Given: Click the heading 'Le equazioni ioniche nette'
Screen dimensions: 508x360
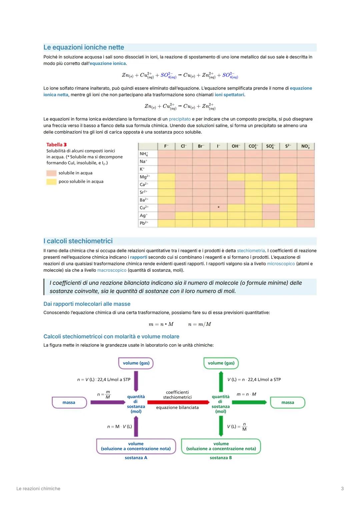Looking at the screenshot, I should point(84,47).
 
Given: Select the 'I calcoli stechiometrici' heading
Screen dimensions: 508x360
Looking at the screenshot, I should point(78,241).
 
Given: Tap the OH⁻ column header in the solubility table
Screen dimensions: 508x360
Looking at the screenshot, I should point(236,146).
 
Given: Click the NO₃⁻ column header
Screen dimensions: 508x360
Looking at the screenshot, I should point(305,146).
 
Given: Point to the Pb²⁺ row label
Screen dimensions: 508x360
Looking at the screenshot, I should point(144,223).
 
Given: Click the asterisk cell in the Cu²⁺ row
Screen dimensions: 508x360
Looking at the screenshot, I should point(218,208).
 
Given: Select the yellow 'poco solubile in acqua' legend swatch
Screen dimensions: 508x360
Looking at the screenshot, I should point(51,182).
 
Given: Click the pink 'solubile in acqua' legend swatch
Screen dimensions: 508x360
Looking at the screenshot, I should point(51,173).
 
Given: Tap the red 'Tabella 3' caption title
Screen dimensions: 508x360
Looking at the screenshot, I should point(56,145).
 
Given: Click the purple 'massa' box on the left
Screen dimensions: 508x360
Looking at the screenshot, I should point(69,402).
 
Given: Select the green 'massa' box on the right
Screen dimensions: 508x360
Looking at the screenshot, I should point(287,402).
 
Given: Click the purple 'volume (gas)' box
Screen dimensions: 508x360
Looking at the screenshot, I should point(136,363).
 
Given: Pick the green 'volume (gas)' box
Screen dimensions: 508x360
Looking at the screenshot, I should point(221,363).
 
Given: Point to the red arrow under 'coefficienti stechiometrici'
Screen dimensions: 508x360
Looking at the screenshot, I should point(178,402).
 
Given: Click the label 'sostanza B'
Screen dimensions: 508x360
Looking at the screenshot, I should point(221,458).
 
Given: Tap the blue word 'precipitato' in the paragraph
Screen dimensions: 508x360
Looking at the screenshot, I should point(180,119).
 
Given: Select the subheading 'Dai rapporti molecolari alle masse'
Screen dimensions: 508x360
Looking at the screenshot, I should point(87,304).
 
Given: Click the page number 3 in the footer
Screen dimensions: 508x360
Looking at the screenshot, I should point(342,489).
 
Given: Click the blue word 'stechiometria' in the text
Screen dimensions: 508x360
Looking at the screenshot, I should point(251,251).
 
